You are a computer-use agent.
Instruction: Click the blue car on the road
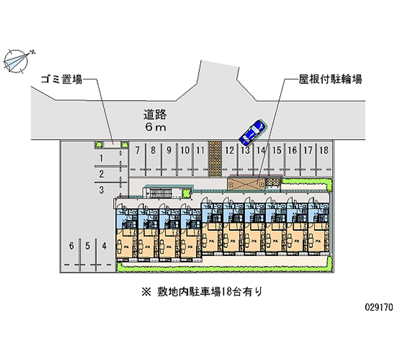(x=252, y=131)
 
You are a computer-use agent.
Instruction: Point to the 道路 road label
(x=155, y=115)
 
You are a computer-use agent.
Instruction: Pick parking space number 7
(x=138, y=150)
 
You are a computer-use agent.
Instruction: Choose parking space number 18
(x=323, y=150)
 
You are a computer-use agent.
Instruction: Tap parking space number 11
(x=199, y=150)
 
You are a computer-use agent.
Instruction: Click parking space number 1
(x=101, y=158)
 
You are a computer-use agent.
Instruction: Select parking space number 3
(x=101, y=189)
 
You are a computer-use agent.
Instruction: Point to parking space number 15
(x=277, y=150)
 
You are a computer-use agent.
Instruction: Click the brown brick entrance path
(x=214, y=158)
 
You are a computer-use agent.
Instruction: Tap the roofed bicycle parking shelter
(x=247, y=183)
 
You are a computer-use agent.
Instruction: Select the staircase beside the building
(x=161, y=192)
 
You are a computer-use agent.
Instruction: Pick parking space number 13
(x=245, y=150)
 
